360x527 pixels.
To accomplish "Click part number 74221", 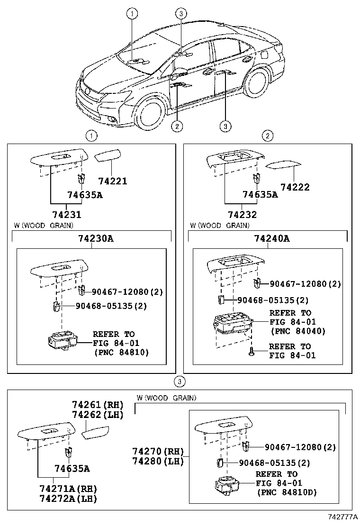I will (x=113, y=181).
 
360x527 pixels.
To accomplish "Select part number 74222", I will (x=294, y=187).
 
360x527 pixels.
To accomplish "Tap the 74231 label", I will (x=67, y=214).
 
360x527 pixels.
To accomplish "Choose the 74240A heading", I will (x=271, y=238).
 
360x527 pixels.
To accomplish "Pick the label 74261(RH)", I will (x=97, y=405).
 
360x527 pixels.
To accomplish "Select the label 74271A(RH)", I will (x=68, y=489).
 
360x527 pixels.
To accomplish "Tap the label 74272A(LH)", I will (x=68, y=499).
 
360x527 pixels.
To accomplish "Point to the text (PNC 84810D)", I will (x=287, y=492).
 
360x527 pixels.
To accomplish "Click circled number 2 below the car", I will (x=177, y=126).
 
